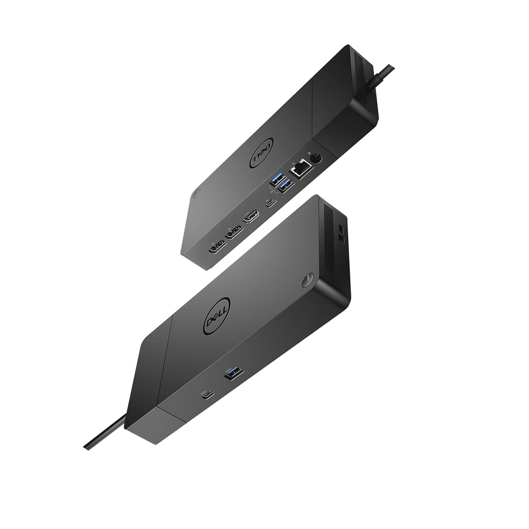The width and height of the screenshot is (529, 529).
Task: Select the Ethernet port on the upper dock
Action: (301, 168)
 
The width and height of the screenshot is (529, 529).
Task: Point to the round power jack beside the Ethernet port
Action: (314, 159)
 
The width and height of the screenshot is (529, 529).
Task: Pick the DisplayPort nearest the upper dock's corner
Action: (216, 247)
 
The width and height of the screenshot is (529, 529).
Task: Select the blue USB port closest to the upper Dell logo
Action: (275, 181)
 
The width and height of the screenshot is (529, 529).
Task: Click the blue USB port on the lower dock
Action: (234, 371)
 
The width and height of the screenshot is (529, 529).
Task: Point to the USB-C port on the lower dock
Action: (208, 395)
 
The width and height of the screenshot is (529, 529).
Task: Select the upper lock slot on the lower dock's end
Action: (341, 228)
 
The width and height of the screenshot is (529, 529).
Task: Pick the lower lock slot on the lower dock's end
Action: (341, 238)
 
